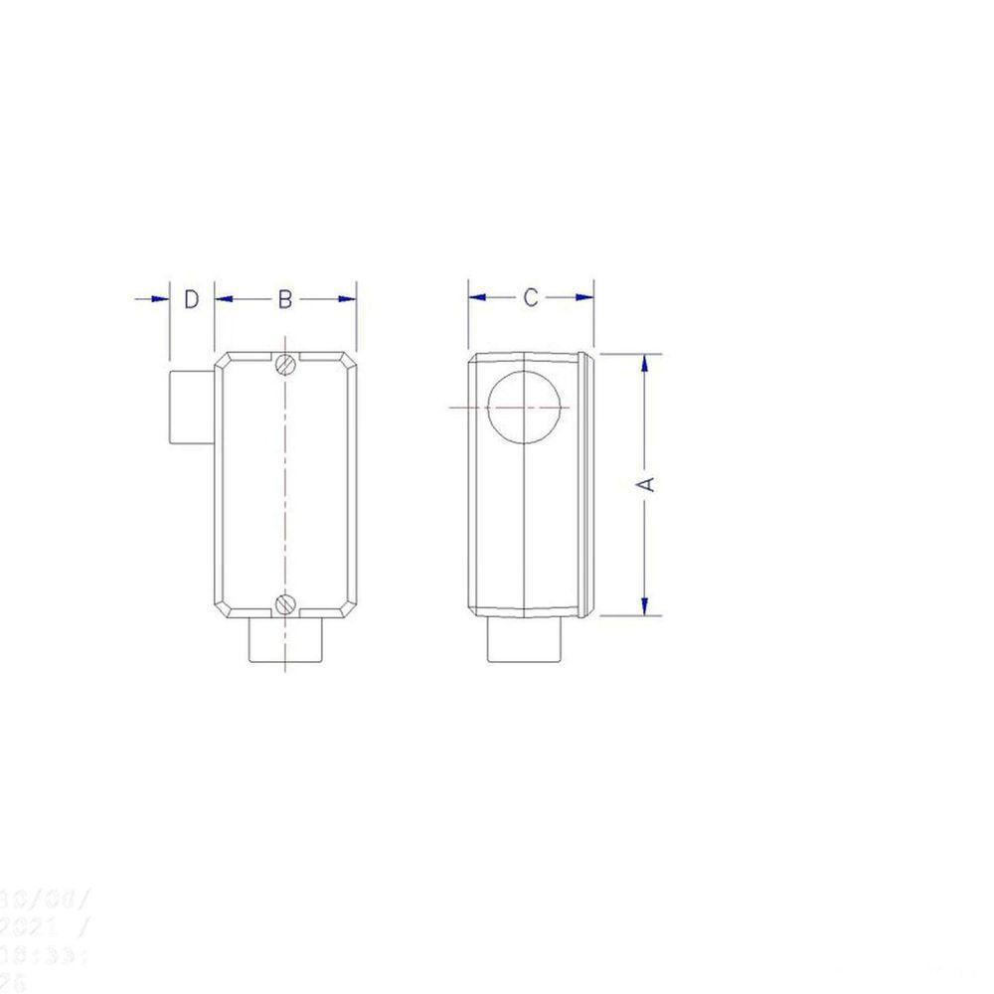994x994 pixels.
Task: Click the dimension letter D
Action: coord(192,298)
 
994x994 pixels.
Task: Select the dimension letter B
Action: coord(284,298)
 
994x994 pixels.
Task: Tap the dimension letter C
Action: coord(531,297)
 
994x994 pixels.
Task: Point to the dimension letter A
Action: coord(646,483)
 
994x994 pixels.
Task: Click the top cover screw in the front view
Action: coord(286,364)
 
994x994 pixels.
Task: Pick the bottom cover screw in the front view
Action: coord(286,602)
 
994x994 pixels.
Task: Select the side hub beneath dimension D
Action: coord(191,407)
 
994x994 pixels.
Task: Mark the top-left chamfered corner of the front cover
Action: coord(223,359)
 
